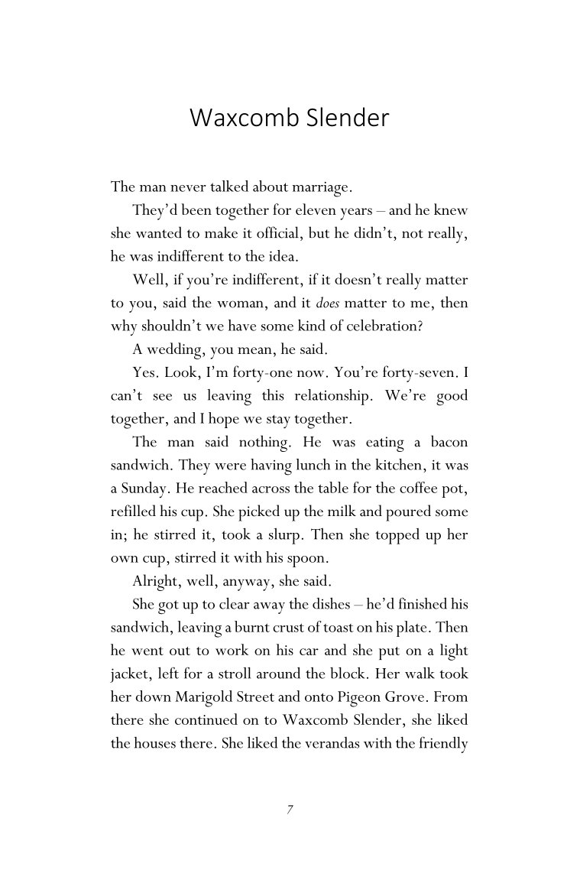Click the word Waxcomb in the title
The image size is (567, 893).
pos(241,119)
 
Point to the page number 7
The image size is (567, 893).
pos(290,810)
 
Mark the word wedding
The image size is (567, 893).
pos(170,351)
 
